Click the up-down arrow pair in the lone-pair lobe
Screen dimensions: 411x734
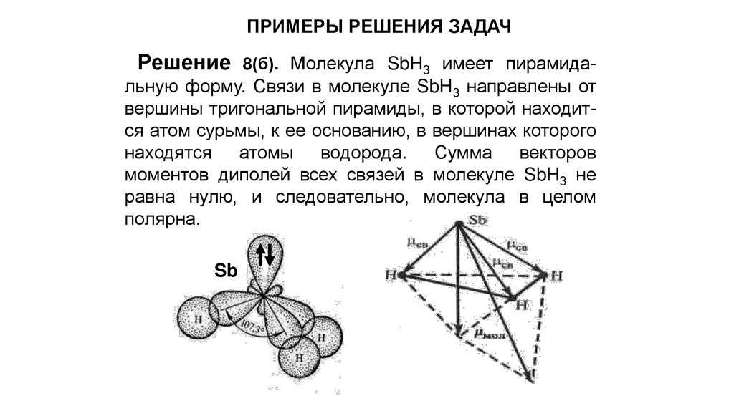point(264,253)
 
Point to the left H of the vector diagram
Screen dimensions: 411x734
point(391,275)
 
